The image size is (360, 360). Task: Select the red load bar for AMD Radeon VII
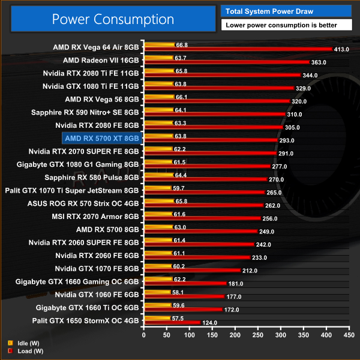click(x=227, y=62)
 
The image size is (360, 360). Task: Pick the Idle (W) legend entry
click(x=22, y=343)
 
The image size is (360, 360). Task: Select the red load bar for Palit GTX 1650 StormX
click(x=172, y=323)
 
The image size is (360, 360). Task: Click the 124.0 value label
click(x=210, y=323)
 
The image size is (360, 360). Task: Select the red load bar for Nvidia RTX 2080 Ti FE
click(x=221, y=76)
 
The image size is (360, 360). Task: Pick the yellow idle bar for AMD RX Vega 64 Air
click(x=158, y=44)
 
